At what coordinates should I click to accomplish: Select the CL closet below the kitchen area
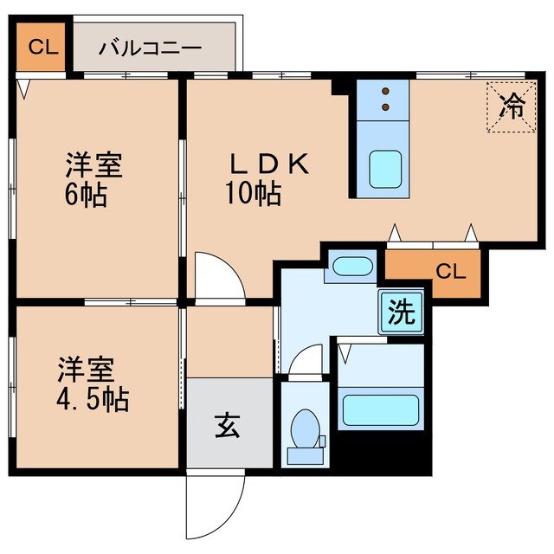[450, 272]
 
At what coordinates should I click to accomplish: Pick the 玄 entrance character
[228, 425]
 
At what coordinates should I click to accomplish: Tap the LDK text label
[268, 164]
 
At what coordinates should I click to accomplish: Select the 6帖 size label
[87, 195]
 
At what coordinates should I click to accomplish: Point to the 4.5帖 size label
[93, 400]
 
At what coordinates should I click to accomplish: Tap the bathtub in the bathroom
[381, 409]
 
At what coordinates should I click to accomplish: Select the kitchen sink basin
[383, 169]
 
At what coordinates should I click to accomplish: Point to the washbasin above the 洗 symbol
[351, 267]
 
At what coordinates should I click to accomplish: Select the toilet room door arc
[305, 361]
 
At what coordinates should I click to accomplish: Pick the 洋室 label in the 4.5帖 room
[87, 370]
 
